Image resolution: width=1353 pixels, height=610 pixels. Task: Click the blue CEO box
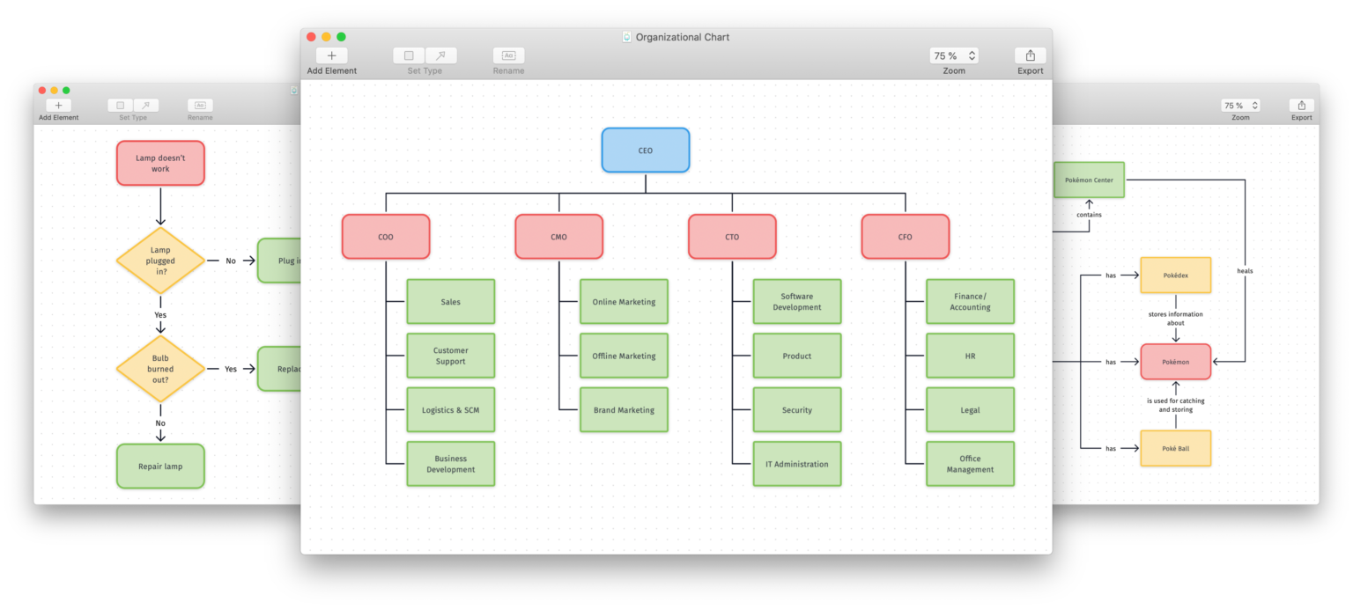point(645,151)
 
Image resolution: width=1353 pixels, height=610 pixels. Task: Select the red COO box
point(386,237)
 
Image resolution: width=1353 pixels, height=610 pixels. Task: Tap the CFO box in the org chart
point(905,237)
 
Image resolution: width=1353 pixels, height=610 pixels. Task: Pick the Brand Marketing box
point(624,410)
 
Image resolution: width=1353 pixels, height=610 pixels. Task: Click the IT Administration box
point(796,464)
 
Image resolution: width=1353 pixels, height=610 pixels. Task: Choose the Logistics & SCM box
point(450,410)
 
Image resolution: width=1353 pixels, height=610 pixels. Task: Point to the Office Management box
point(970,464)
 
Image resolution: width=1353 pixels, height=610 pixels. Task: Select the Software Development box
point(796,302)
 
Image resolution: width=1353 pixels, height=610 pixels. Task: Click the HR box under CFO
point(970,356)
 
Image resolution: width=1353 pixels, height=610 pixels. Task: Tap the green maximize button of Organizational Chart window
point(341,37)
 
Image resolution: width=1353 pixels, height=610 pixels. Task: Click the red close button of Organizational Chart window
point(311,37)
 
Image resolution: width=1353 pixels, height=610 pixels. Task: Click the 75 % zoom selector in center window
point(954,55)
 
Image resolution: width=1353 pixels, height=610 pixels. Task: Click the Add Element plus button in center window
point(331,55)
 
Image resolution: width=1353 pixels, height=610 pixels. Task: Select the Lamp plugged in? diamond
point(160,261)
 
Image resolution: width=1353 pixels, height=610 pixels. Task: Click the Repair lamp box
point(160,466)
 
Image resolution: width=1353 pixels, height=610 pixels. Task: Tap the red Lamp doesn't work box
point(160,163)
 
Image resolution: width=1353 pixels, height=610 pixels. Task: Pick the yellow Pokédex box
point(1175,275)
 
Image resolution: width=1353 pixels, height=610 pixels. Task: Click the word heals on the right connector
point(1244,271)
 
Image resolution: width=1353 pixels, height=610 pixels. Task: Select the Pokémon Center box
point(1089,180)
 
